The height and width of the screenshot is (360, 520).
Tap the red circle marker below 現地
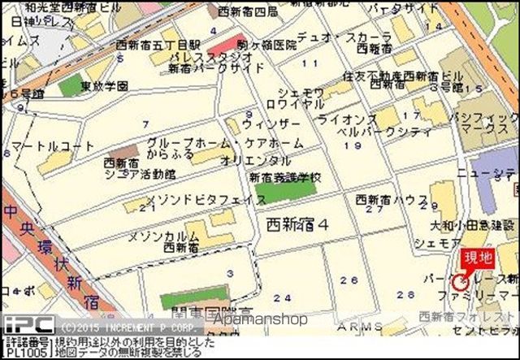[461, 282]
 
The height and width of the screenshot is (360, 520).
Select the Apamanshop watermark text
[260, 319]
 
